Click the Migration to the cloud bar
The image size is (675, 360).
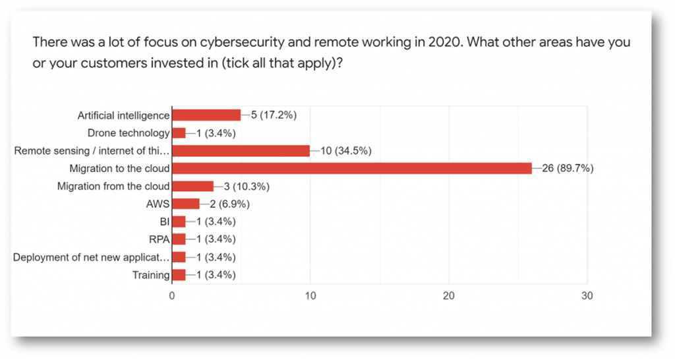tap(352, 168)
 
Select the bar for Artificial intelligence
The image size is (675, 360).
tap(206, 115)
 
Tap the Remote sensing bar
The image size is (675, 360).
tap(241, 150)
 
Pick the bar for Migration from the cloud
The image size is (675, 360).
tap(192, 186)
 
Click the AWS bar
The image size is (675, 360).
tap(186, 204)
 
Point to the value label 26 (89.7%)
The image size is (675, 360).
tap(568, 168)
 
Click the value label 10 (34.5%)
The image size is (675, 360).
tap(346, 150)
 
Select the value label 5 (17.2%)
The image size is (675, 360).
tap(274, 115)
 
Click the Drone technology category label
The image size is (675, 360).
tap(129, 133)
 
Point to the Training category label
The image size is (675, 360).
tap(152, 275)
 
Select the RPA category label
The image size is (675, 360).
tap(159, 239)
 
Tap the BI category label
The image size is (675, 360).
tap(165, 222)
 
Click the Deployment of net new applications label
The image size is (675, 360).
tap(91, 257)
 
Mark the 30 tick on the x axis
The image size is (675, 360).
tap(587, 296)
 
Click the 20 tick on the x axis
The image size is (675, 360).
tap(449, 296)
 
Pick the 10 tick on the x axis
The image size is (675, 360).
tap(310, 296)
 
